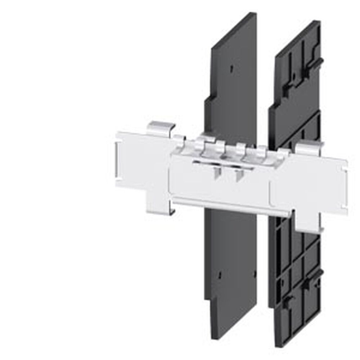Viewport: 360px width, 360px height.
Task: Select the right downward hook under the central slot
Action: click(238, 175)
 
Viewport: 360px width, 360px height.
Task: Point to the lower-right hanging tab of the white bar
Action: click(309, 223)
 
